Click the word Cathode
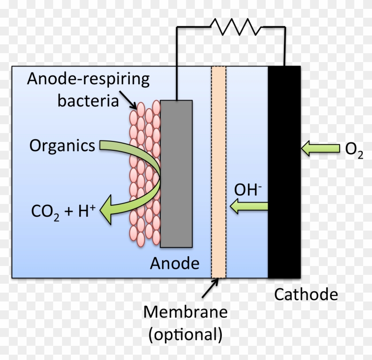306,294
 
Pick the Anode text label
174,263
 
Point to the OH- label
248,190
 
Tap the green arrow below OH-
249,206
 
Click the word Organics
62,145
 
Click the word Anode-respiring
89,80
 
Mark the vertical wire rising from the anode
177,62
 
